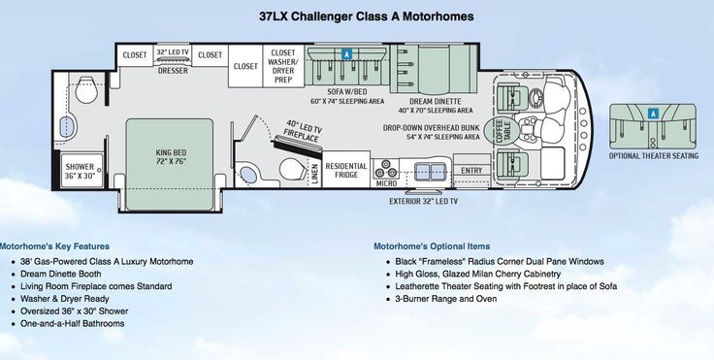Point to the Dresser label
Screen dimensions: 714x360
(x=173, y=70)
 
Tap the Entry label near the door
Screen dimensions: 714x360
(x=471, y=171)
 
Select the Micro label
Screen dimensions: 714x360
(x=387, y=181)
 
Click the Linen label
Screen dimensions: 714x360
(x=314, y=171)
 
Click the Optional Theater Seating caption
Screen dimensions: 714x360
(x=653, y=154)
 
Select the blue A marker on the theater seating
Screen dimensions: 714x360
(x=654, y=113)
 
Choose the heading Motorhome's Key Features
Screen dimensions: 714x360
(x=54, y=246)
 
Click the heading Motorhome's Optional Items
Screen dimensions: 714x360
(x=431, y=246)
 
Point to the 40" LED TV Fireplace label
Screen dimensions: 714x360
(x=304, y=132)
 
